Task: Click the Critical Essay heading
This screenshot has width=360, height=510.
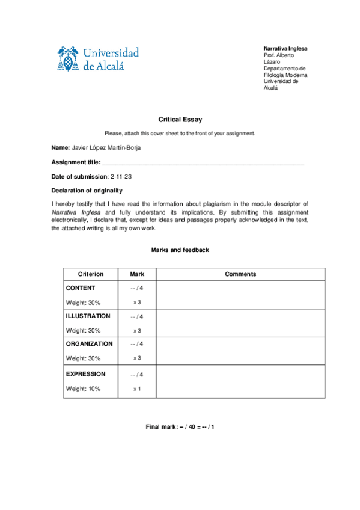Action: point(180,120)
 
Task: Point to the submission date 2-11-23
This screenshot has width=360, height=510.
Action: point(121,176)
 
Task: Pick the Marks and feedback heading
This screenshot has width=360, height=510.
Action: point(180,250)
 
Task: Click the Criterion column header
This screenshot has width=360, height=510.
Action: point(91,274)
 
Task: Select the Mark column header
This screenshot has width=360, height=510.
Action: point(137,274)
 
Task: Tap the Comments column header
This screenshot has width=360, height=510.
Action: point(240,274)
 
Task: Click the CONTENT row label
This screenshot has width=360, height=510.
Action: point(81,288)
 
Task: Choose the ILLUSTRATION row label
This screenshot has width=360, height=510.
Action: point(88,316)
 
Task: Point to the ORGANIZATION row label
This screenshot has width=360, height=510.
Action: point(89,344)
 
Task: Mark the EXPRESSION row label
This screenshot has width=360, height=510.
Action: point(85,374)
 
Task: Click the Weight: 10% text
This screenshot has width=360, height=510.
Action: point(83,389)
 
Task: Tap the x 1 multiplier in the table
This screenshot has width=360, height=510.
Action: point(137,389)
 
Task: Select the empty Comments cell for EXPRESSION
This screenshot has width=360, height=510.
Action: point(240,381)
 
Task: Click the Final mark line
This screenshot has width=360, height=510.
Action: point(180,426)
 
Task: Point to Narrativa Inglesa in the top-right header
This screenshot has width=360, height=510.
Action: point(285,48)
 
